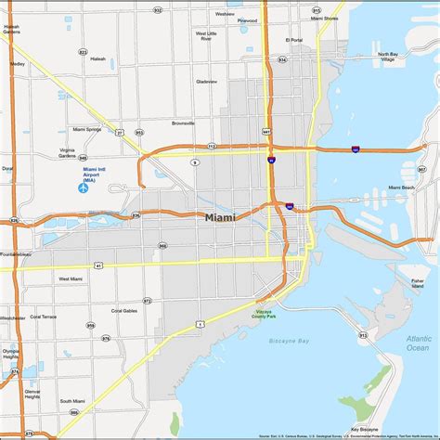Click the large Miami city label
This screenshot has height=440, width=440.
(220, 216)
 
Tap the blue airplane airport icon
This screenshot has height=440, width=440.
(83, 188)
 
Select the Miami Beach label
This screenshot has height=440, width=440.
(402, 188)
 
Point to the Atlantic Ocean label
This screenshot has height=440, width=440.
(418, 343)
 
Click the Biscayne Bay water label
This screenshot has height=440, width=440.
(290, 342)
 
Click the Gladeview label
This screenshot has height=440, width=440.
(206, 81)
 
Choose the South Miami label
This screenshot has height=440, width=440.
(72, 400)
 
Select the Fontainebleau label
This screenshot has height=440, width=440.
(17, 253)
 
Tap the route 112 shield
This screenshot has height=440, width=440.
(212, 146)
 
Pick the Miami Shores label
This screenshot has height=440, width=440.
(325, 18)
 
